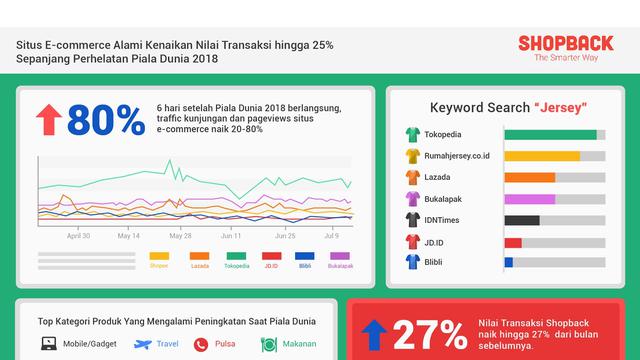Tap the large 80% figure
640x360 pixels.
click(x=106, y=120)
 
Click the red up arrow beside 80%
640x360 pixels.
click(x=48, y=120)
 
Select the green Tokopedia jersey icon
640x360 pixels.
click(x=411, y=134)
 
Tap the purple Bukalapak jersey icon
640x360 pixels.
click(x=411, y=198)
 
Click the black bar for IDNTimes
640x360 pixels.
click(x=522, y=220)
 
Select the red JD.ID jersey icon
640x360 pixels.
click(x=411, y=241)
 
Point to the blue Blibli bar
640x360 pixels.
click(x=509, y=262)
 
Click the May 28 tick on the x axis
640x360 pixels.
click(x=180, y=236)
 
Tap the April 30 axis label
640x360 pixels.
click(x=79, y=236)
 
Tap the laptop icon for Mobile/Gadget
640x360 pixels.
click(x=49, y=344)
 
